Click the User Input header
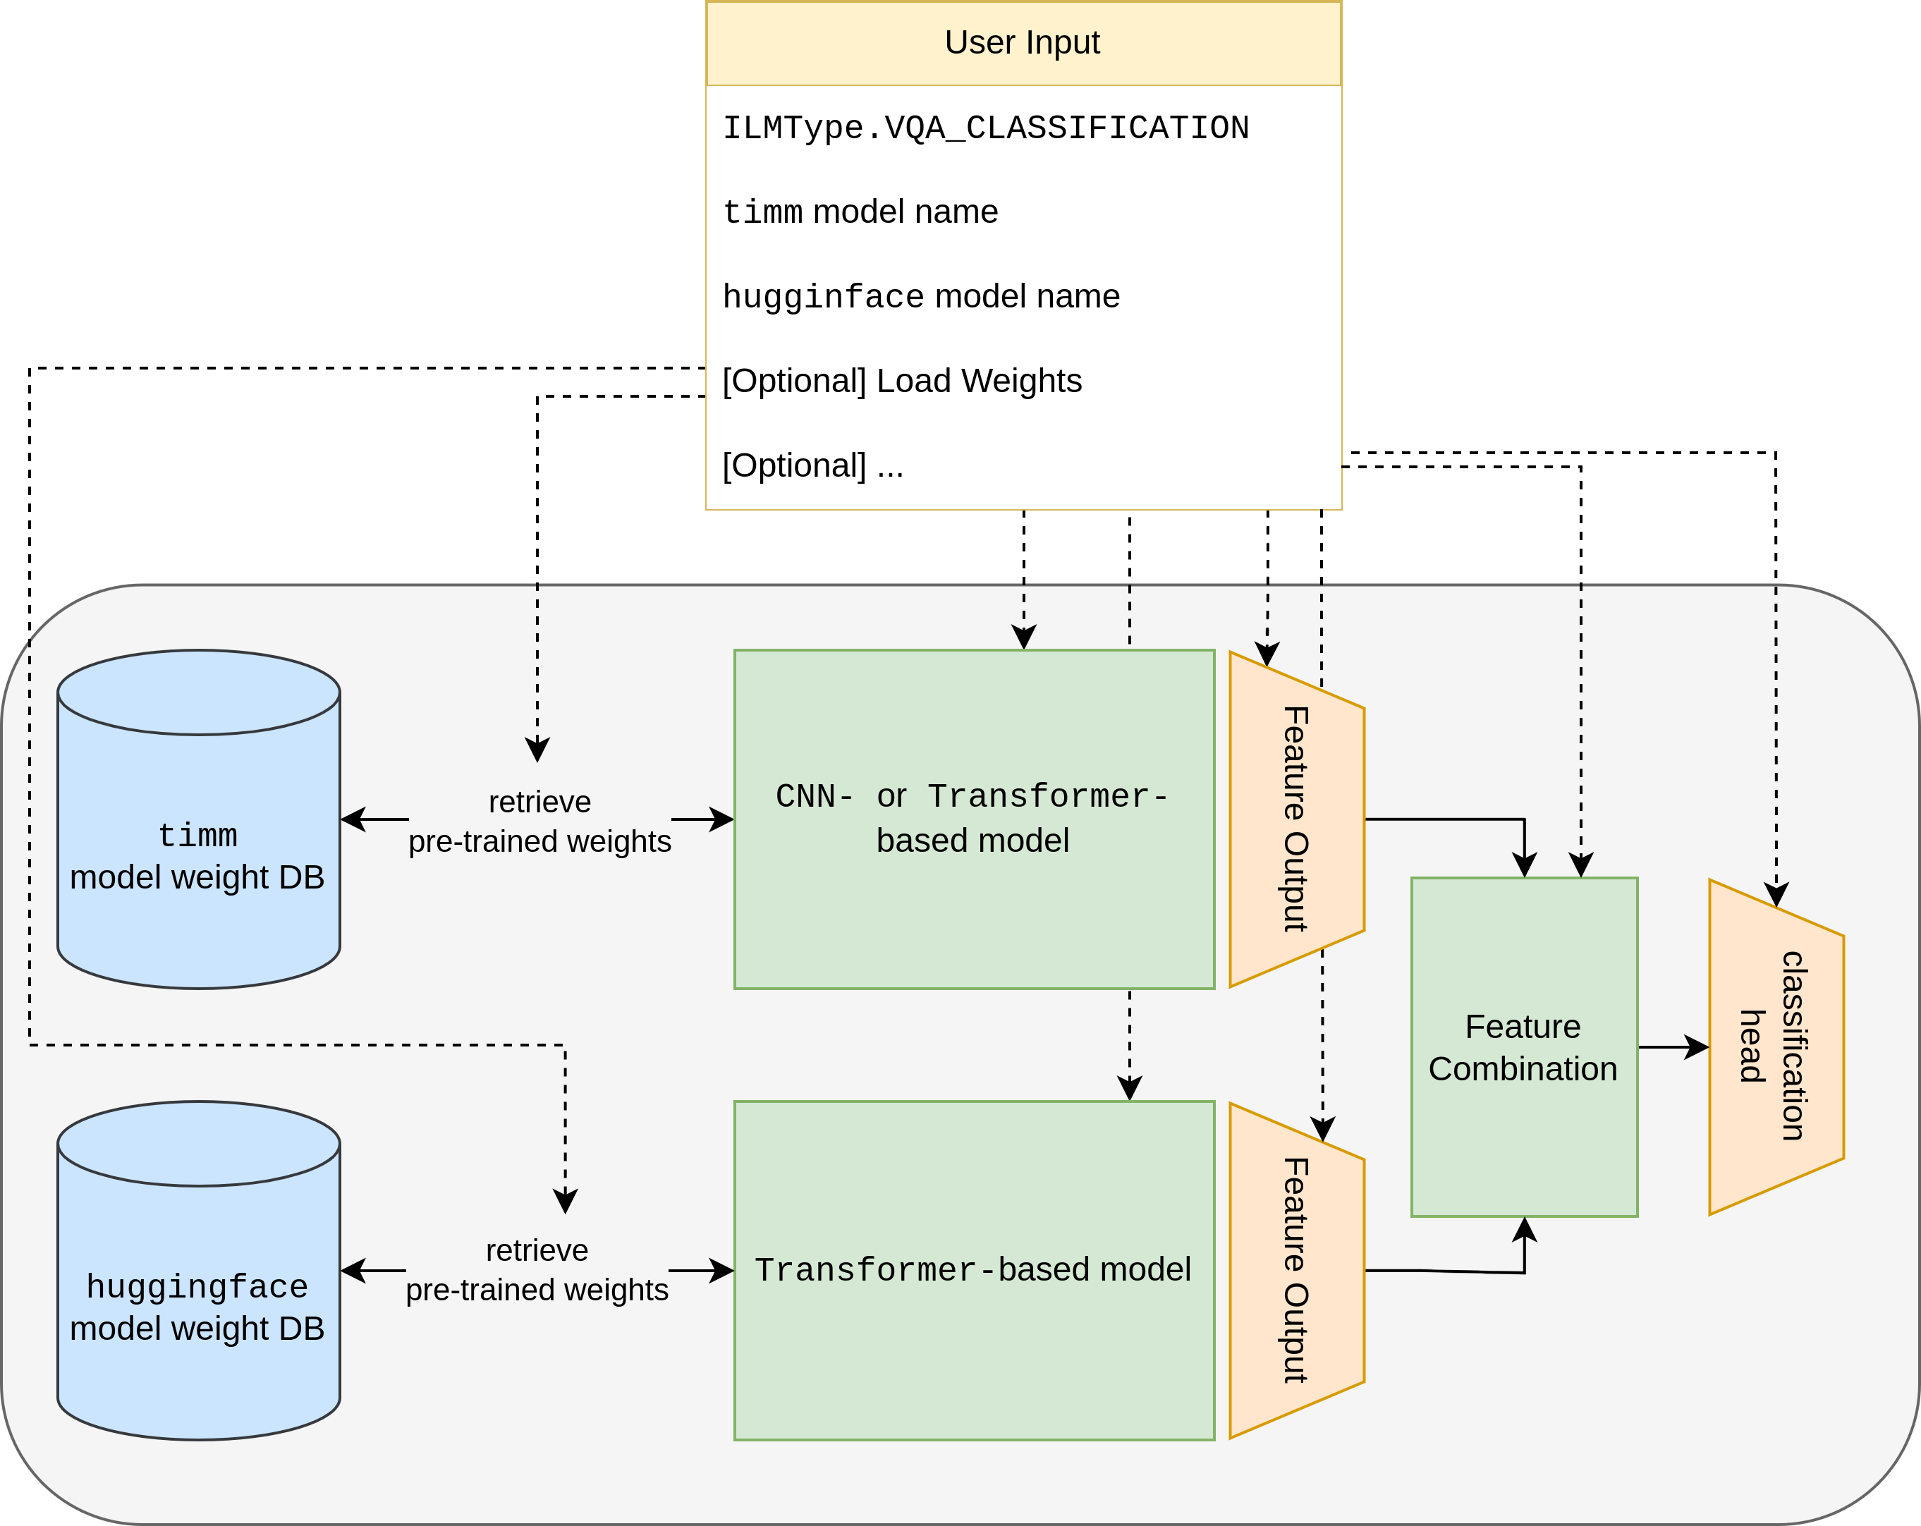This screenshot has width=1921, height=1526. (x=1023, y=43)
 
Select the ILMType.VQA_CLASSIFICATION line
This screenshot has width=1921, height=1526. (x=985, y=128)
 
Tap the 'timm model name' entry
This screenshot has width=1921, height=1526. (x=860, y=212)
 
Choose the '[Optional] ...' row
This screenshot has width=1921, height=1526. (x=812, y=465)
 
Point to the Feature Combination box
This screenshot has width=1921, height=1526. (x=1524, y=1046)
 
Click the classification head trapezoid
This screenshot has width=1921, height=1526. (x=1776, y=1046)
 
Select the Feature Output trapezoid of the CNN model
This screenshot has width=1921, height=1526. (x=1295, y=819)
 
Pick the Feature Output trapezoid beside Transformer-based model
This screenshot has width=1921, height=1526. (x=1295, y=1269)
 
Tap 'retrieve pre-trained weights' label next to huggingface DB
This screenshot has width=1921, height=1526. (x=537, y=1270)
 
